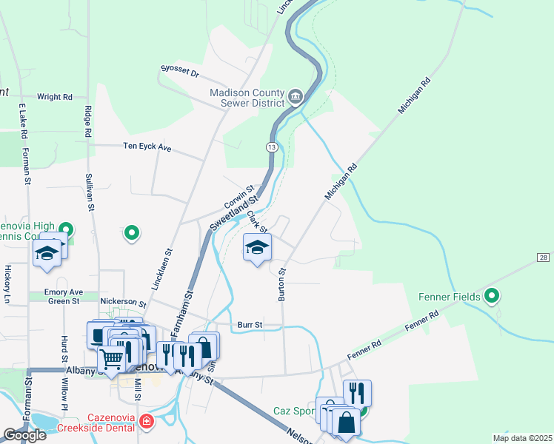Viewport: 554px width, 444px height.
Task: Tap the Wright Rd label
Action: point(55,97)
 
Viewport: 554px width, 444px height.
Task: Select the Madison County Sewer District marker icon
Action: point(296,97)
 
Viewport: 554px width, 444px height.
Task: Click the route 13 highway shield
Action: point(273,148)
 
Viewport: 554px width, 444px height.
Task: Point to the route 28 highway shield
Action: point(544,256)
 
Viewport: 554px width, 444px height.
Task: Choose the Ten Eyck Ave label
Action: point(147,148)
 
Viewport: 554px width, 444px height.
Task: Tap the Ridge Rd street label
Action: point(87,121)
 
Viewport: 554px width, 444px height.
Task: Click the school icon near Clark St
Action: point(257,248)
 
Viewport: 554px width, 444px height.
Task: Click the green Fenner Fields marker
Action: point(493,297)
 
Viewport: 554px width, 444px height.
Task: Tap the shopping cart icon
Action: point(112,360)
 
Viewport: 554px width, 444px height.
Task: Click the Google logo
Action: point(24,434)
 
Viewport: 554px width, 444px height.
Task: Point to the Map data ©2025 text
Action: point(522,438)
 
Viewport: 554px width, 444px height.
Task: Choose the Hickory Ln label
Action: point(8,284)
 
